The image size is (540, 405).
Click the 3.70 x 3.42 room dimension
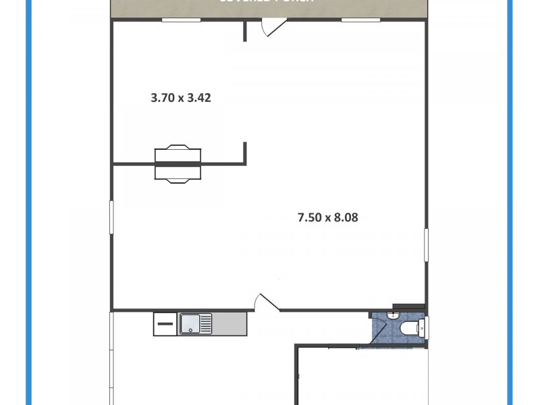(180, 97)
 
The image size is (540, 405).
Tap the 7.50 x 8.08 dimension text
(327, 217)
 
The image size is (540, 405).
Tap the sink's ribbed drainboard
(204, 323)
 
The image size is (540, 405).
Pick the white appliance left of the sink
(165, 323)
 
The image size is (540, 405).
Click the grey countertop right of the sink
(230, 323)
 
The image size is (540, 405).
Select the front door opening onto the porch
(273, 28)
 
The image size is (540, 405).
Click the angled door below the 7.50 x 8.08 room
(267, 302)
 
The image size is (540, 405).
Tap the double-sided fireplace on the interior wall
(178, 163)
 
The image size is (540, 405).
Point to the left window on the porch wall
(181, 20)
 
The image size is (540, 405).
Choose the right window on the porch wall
(361, 20)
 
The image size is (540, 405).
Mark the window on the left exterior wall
(112, 217)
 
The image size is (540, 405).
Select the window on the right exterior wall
(426, 244)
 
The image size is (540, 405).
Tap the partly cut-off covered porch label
(266, 3)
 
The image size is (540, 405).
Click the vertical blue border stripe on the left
(29, 202)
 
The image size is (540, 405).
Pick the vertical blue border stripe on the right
(510, 202)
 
